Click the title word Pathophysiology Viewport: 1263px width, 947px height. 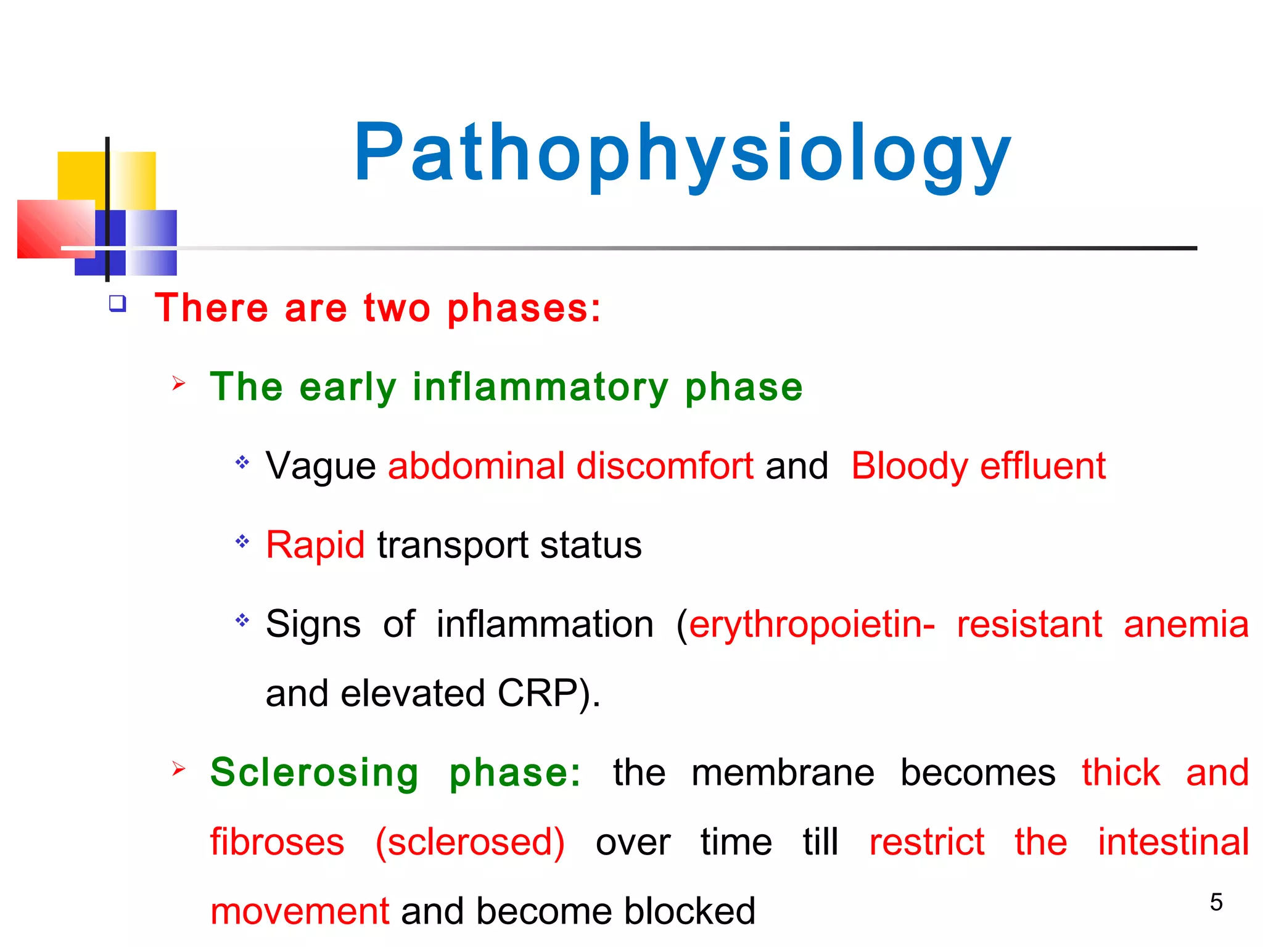click(681, 154)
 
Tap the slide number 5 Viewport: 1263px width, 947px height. click(1216, 903)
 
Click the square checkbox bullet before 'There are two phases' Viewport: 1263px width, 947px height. click(117, 304)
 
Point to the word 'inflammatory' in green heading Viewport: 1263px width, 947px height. click(540, 387)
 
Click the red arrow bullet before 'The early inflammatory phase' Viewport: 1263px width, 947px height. click(179, 383)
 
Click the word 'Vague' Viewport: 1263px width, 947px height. click(320, 466)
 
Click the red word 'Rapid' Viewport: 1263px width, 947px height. click(315, 545)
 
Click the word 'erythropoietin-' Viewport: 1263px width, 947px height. click(812, 625)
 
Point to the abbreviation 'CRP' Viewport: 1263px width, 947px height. click(537, 694)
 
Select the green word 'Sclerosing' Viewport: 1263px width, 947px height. click(315, 773)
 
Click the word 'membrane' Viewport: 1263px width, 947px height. click(783, 773)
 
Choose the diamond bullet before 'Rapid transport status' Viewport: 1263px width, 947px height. click(242, 542)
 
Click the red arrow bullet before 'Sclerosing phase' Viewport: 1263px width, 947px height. click(179, 769)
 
